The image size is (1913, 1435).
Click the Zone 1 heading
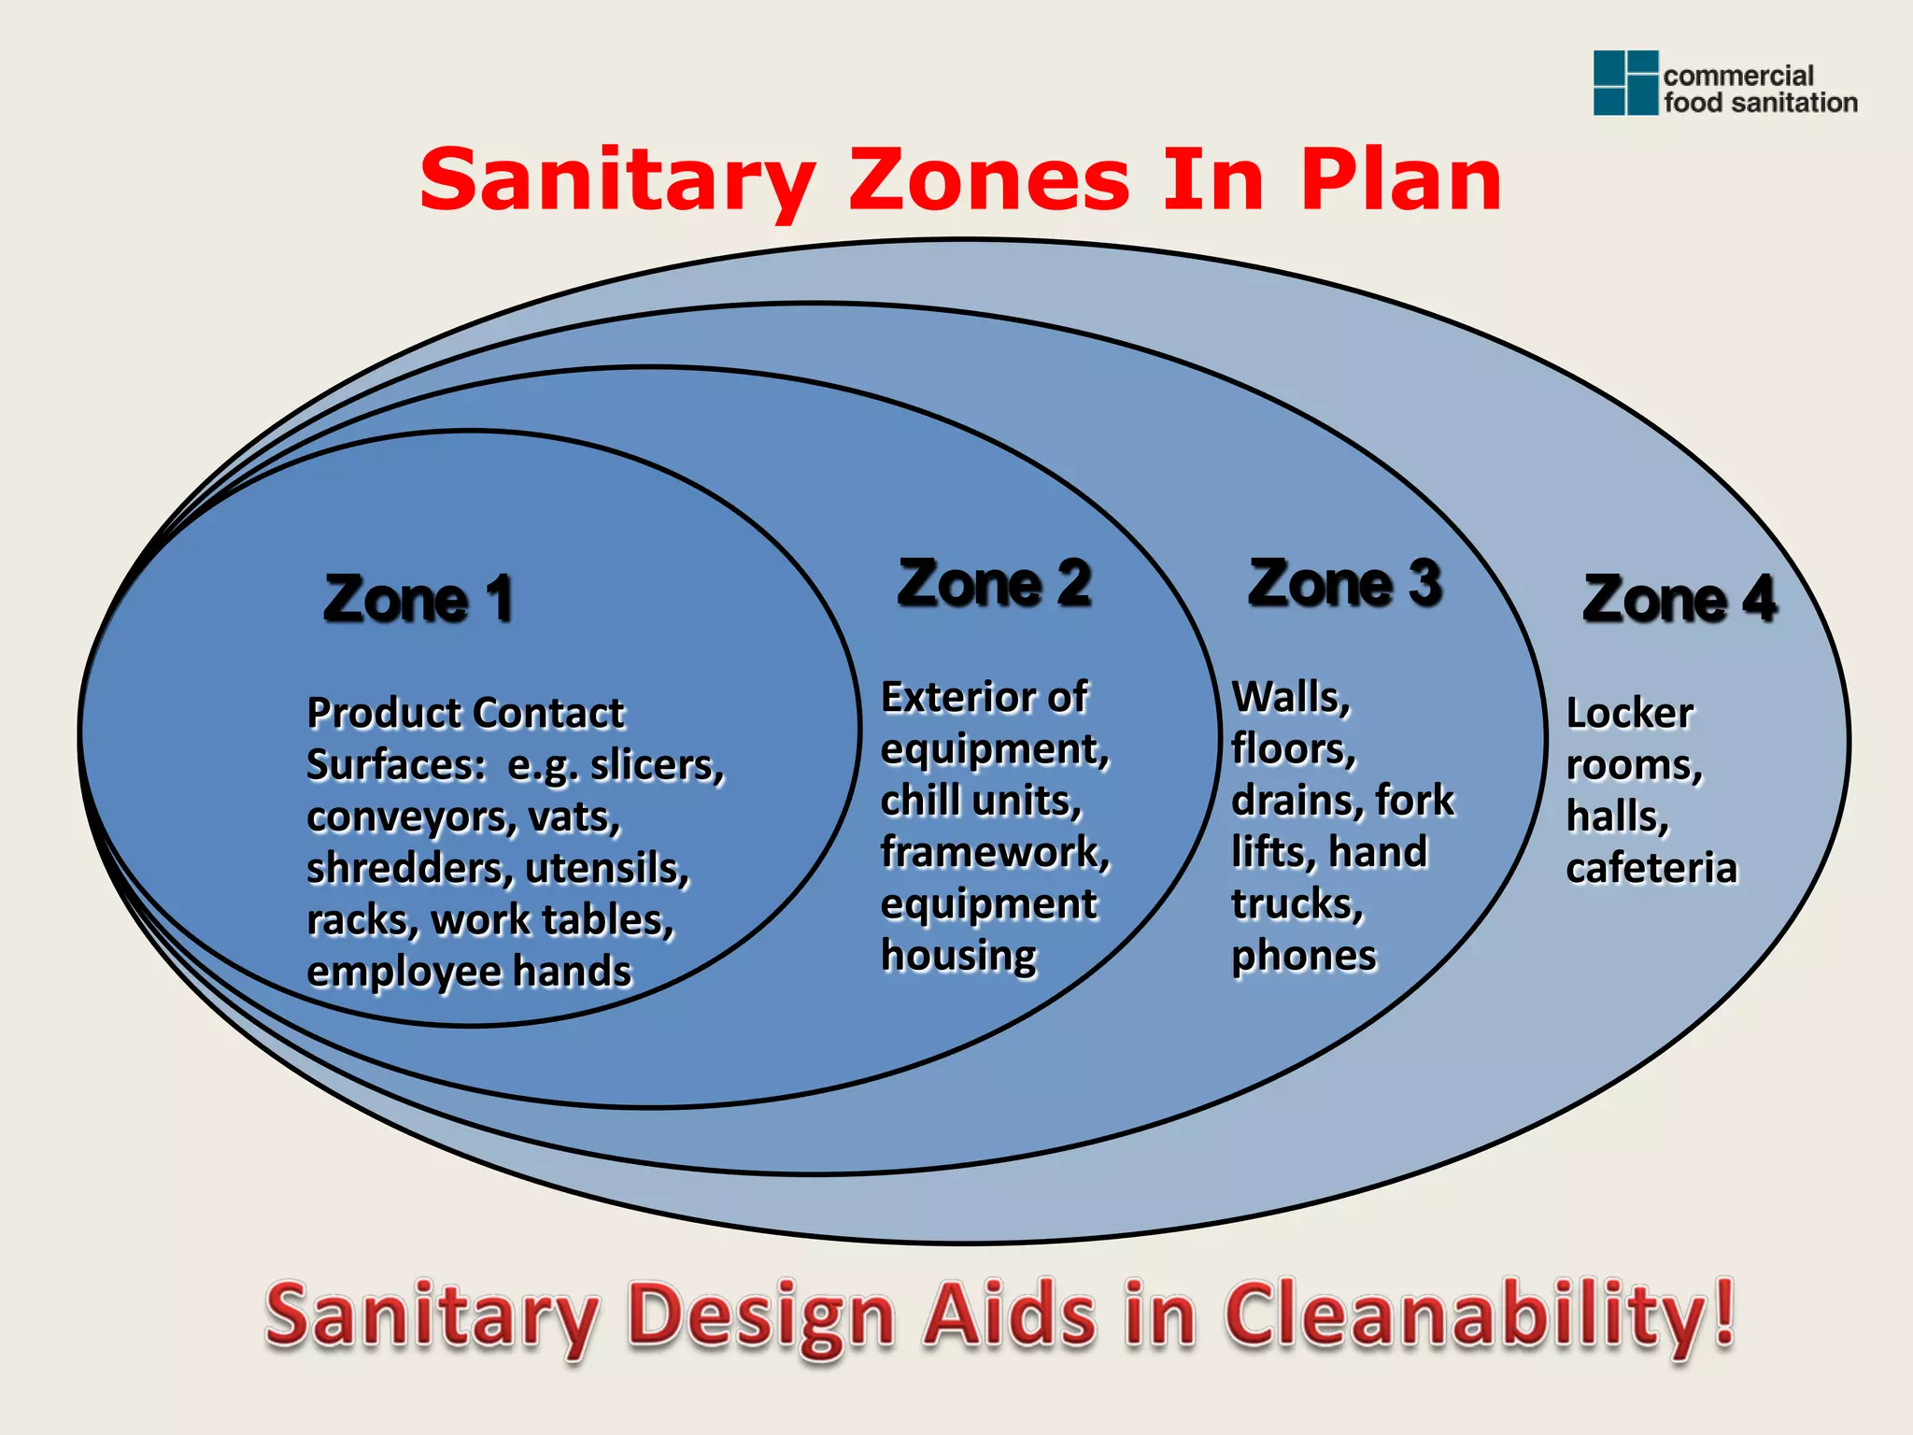(x=418, y=599)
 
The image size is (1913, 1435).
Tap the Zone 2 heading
(x=994, y=584)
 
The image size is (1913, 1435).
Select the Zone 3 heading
(x=1345, y=584)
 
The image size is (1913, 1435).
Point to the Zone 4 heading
(x=1679, y=599)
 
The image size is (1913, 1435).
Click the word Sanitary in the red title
(x=617, y=182)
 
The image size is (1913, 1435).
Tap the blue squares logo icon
(x=1625, y=83)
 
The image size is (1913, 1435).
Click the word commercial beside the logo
(x=1737, y=76)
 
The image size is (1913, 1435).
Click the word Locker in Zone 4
(x=1629, y=714)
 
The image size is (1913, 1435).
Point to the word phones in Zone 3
(x=1303, y=956)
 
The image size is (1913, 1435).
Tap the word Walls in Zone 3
(x=1290, y=697)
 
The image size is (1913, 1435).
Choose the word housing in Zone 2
(x=958, y=956)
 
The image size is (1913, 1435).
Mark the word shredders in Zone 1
(x=409, y=869)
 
